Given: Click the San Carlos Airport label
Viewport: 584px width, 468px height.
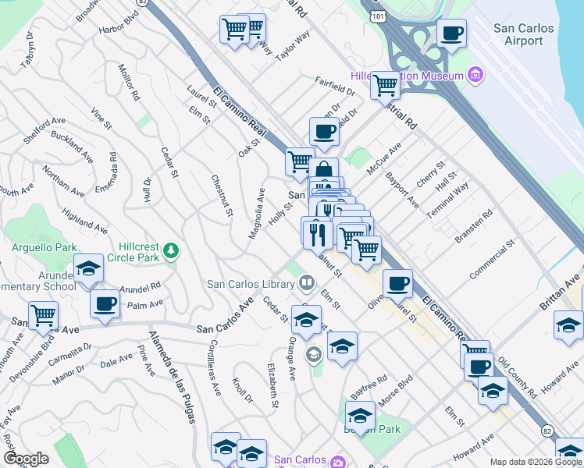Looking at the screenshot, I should point(524,34).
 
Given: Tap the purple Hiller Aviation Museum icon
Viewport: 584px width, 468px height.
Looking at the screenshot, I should point(475,76).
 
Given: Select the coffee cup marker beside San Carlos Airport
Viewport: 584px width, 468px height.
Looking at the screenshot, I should point(451,34).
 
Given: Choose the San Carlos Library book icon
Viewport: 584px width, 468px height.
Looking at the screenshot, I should point(307,282).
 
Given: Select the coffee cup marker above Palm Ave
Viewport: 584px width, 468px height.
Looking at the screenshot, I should point(105,304).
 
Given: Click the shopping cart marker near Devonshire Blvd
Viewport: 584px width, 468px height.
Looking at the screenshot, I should point(43,316).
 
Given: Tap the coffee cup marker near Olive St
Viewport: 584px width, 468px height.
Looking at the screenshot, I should point(397,283).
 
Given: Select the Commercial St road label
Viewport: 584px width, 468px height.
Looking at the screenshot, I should point(493,260).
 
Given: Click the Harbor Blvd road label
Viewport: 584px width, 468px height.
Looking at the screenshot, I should point(118,30).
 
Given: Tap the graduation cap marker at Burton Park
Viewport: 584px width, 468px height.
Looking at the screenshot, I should point(360,414).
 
